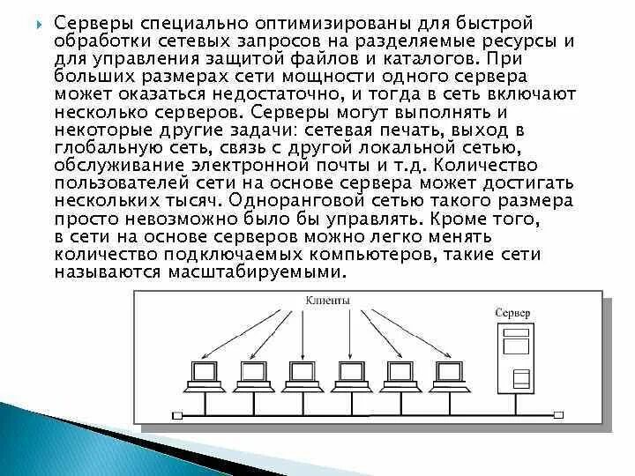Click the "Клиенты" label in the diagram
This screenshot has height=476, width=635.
327,301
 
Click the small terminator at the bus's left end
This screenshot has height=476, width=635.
176,413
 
